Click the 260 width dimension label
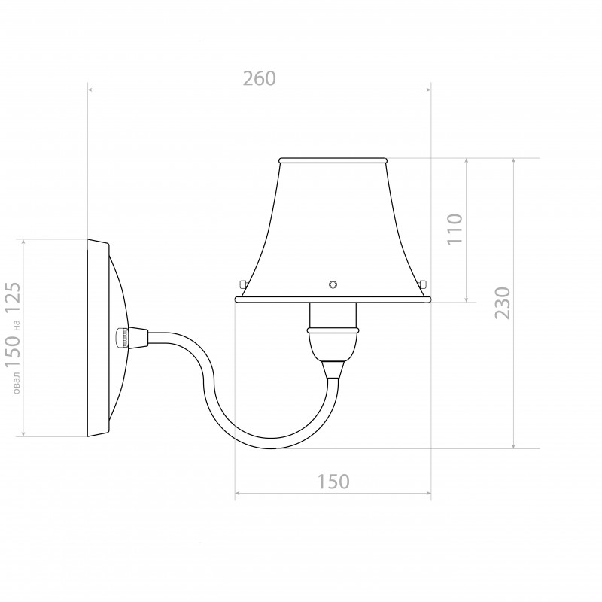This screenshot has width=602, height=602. pyautogui.click(x=260, y=78)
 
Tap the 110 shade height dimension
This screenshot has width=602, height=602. pyautogui.click(x=455, y=229)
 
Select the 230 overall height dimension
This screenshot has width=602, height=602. pyautogui.click(x=503, y=303)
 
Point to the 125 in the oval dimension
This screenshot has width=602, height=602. pyautogui.click(x=13, y=298)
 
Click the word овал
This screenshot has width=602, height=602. pyautogui.click(x=16, y=383)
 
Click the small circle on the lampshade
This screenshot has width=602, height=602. pyautogui.click(x=333, y=284)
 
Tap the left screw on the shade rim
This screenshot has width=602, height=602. pyautogui.click(x=242, y=284)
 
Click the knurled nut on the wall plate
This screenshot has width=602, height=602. pyautogui.click(x=123, y=338)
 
